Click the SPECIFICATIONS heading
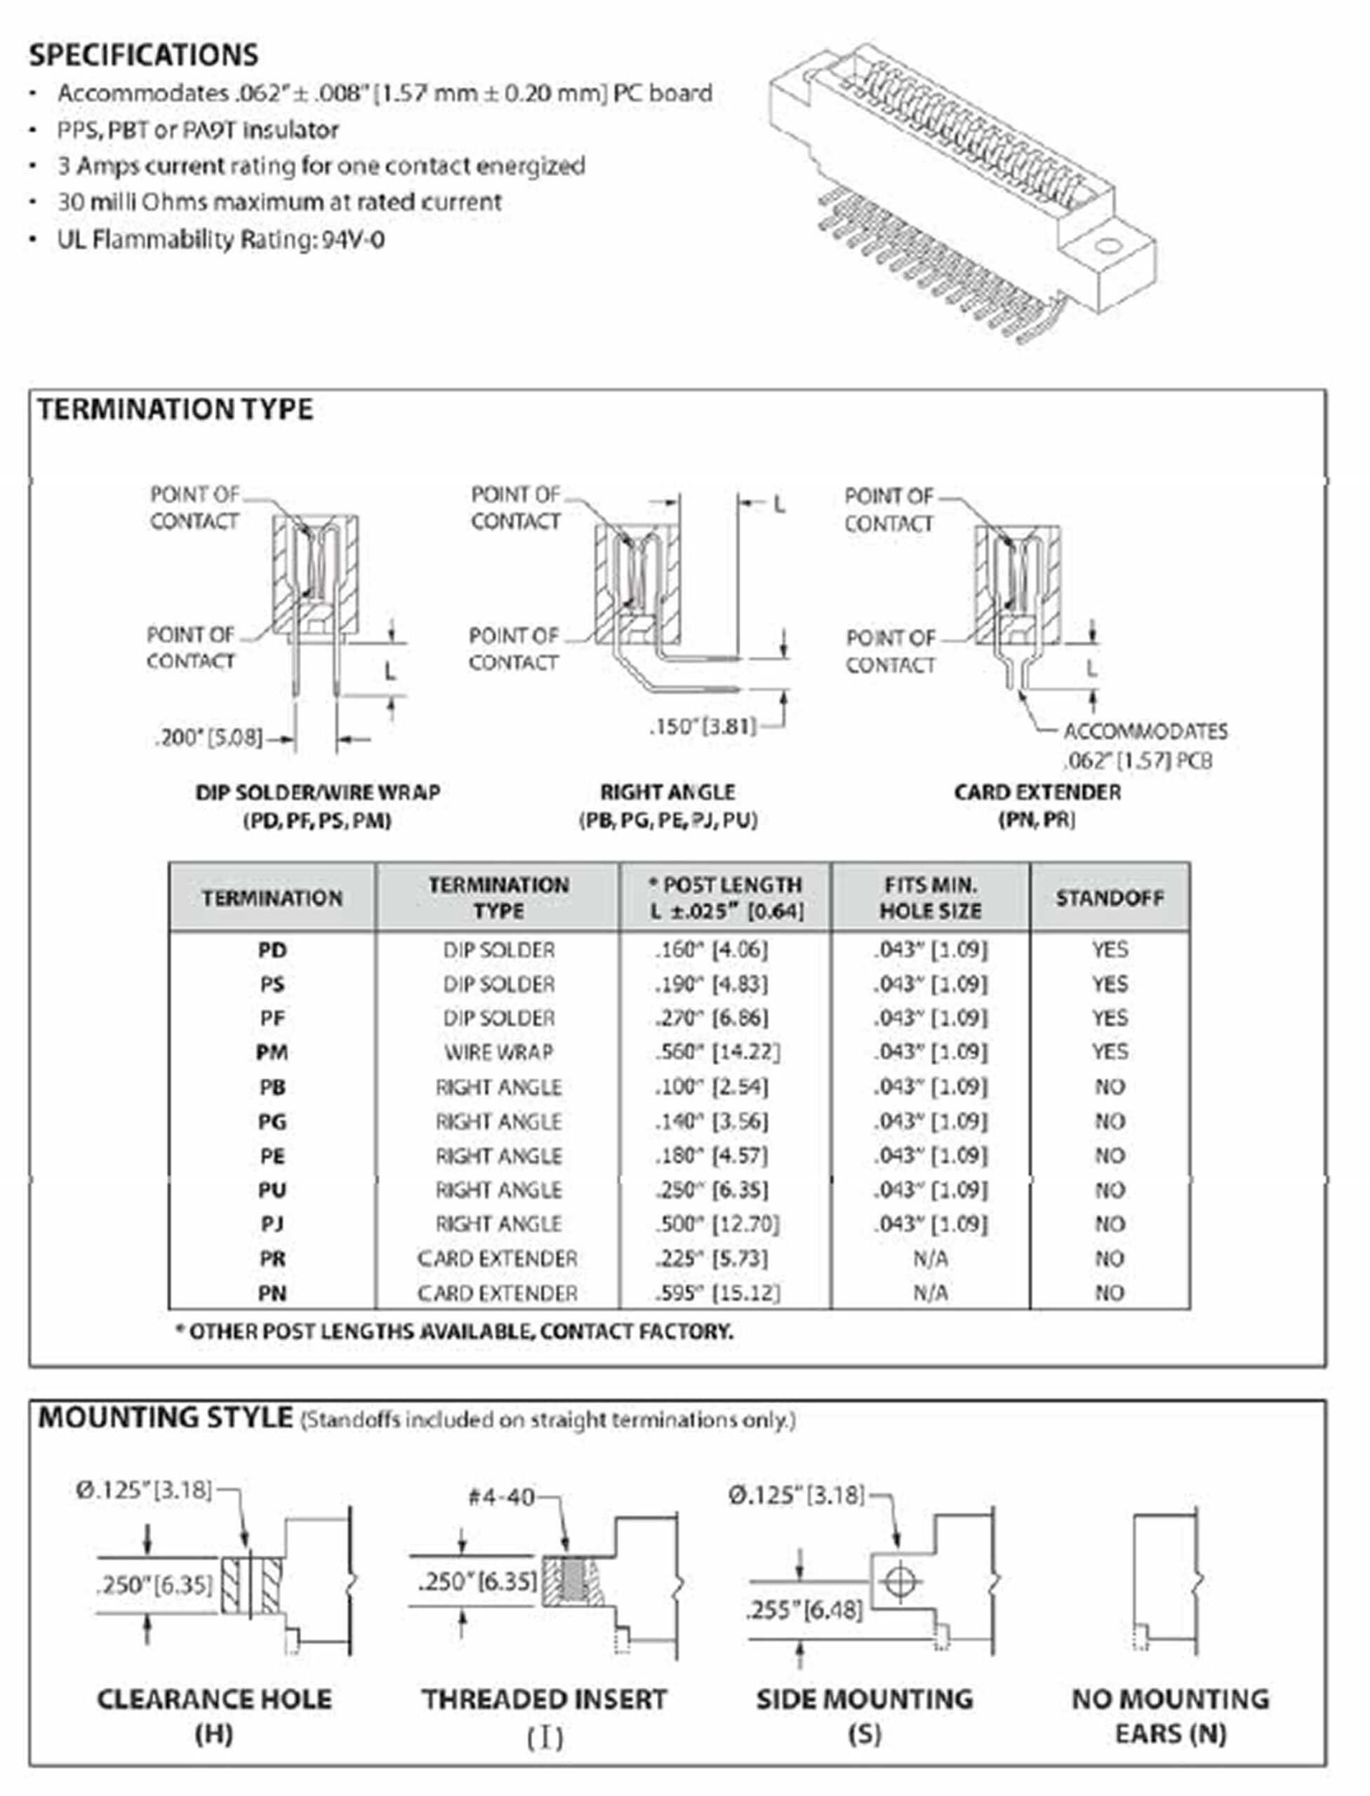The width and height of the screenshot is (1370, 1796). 143,55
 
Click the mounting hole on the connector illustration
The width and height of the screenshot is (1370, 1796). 1108,246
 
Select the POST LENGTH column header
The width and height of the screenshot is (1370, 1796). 726,897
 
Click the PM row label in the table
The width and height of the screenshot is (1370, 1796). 272,1052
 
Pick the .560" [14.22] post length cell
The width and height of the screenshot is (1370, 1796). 717,1052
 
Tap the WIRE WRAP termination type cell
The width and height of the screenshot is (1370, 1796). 498,1052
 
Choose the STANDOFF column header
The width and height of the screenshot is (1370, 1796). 1109,897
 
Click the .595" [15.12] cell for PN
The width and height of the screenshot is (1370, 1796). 717,1293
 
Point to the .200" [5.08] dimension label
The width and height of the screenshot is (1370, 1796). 208,739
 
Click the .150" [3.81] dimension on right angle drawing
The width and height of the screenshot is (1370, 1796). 702,726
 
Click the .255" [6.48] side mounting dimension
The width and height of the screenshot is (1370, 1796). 803,1610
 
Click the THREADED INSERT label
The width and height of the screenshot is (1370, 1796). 544,1699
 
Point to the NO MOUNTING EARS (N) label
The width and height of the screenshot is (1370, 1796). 1170,1715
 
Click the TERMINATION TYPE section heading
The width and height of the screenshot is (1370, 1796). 175,409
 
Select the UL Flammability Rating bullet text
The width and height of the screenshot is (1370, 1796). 220,240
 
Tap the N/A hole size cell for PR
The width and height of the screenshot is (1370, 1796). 930,1259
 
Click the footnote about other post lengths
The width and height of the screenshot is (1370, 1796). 455,1332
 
